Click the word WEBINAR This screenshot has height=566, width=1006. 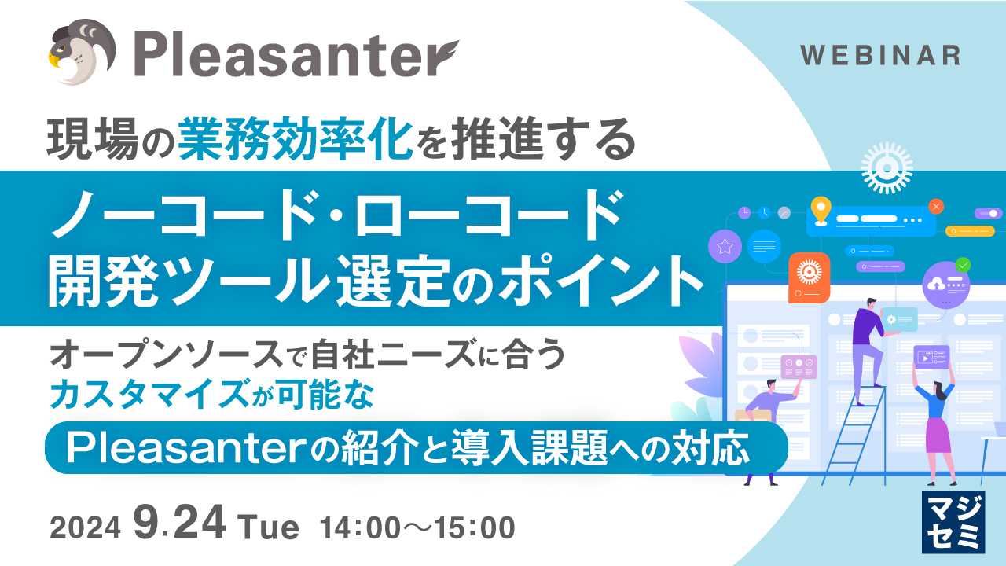[x=880, y=55]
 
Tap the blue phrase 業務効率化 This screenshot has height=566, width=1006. [x=296, y=139]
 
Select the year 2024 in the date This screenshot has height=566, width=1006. [x=86, y=527]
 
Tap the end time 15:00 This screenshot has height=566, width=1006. [x=475, y=527]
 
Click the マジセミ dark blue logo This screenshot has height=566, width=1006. [x=953, y=522]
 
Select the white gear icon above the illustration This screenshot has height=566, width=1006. [x=887, y=168]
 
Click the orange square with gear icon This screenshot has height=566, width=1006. [x=810, y=277]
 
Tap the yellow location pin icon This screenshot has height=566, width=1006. [x=821, y=210]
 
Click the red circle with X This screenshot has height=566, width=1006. [x=936, y=207]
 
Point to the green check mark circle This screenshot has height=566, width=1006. [x=963, y=266]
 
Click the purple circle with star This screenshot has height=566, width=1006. [x=725, y=246]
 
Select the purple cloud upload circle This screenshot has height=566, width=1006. [x=945, y=285]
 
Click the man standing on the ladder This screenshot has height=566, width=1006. [x=869, y=351]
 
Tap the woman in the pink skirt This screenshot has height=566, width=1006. [x=936, y=422]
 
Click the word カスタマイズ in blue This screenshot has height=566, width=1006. [x=149, y=394]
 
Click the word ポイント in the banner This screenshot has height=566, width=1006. [x=602, y=280]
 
